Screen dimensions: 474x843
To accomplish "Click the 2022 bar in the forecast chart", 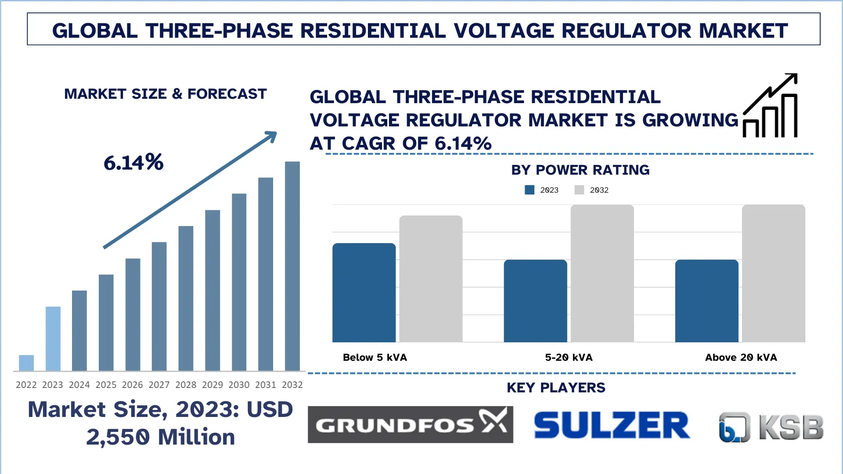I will [x=26, y=363].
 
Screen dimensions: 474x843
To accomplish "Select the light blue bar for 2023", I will [x=53, y=338].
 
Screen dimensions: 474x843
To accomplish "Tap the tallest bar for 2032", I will [x=292, y=266].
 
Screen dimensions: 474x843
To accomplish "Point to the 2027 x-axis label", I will [x=159, y=385].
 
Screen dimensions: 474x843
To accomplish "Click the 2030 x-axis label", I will [x=239, y=385].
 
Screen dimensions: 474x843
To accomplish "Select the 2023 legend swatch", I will [x=530, y=190].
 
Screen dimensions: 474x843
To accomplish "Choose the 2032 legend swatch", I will [x=579, y=190].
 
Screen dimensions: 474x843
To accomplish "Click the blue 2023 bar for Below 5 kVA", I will [x=364, y=292].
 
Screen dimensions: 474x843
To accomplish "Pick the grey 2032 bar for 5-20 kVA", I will [x=602, y=273].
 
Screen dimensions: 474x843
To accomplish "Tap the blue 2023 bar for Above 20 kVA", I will [x=706, y=301].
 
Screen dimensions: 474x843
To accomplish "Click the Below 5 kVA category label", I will [x=375, y=357].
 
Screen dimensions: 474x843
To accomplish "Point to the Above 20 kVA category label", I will [x=741, y=357].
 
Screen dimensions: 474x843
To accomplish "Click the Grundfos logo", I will [x=410, y=424].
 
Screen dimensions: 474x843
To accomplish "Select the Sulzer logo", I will [x=612, y=425].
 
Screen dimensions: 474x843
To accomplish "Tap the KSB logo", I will [x=771, y=427].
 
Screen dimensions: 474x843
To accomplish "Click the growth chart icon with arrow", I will [x=770, y=106].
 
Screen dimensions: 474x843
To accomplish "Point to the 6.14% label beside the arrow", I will [x=133, y=162].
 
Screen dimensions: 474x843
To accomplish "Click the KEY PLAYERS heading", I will [x=556, y=388].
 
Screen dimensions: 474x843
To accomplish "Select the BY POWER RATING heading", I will [x=580, y=170].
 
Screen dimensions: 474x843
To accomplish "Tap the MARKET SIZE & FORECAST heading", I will [x=166, y=94].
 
